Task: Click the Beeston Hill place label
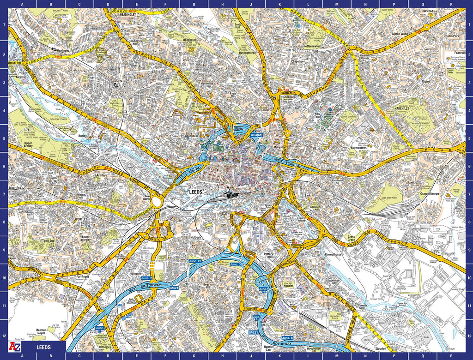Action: (x=210, y=286)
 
